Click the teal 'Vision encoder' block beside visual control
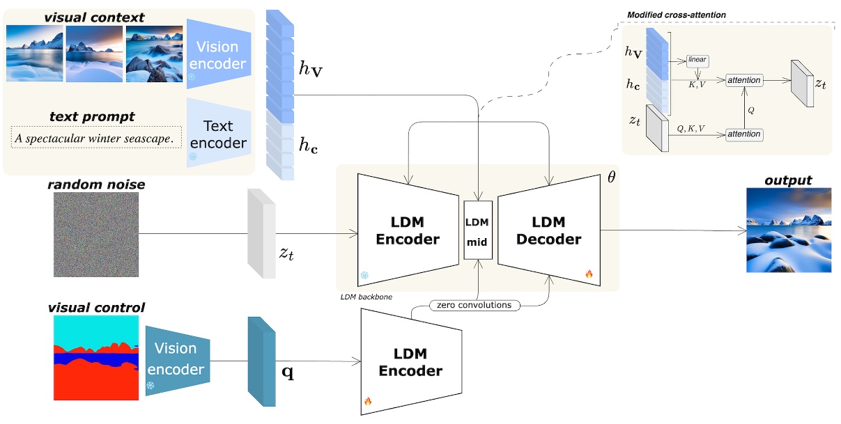pyautogui.click(x=177, y=361)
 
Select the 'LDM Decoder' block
pyautogui.click(x=548, y=230)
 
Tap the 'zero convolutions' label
pyautogui.click(x=474, y=305)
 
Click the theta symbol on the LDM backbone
pyautogui.click(x=611, y=177)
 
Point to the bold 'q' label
pyautogui.click(x=286, y=372)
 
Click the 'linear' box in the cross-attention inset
pyautogui.click(x=697, y=60)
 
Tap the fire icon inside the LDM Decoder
pyautogui.click(x=589, y=274)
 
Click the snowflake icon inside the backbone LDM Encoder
pyautogui.click(x=364, y=276)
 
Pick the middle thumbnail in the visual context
pyautogui.click(x=93, y=54)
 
